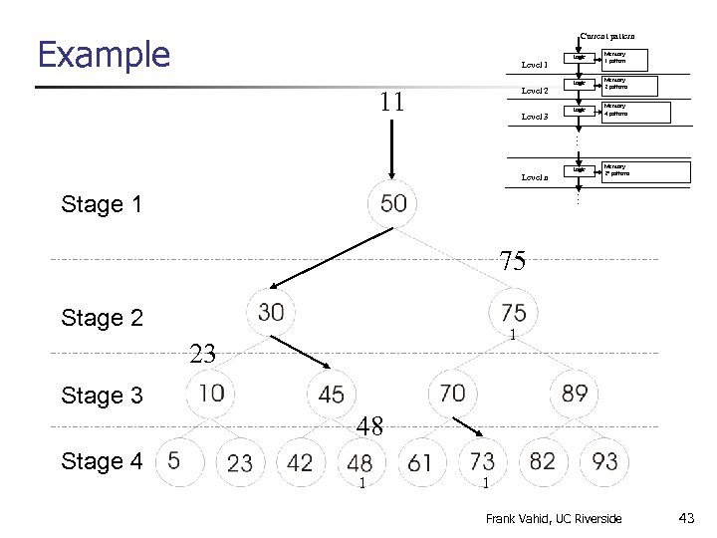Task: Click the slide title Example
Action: coord(104,55)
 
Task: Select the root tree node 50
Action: coord(393,204)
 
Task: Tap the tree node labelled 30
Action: coord(271,313)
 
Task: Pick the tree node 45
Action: coord(332,395)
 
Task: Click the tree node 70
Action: coord(452,394)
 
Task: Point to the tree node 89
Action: coord(575,394)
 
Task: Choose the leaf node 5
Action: coord(174,461)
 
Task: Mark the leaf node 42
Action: coord(300,462)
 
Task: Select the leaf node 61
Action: coord(420,462)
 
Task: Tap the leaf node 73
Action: coord(482,462)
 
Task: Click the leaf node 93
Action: coord(603,462)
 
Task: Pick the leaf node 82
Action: coord(543,462)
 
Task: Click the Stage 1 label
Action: coord(102,205)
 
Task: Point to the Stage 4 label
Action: coord(102,461)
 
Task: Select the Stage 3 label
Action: coord(102,396)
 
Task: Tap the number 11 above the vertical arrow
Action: coord(392,102)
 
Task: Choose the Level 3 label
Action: coord(535,118)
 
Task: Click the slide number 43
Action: coord(685,518)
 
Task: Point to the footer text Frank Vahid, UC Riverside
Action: coord(553,518)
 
